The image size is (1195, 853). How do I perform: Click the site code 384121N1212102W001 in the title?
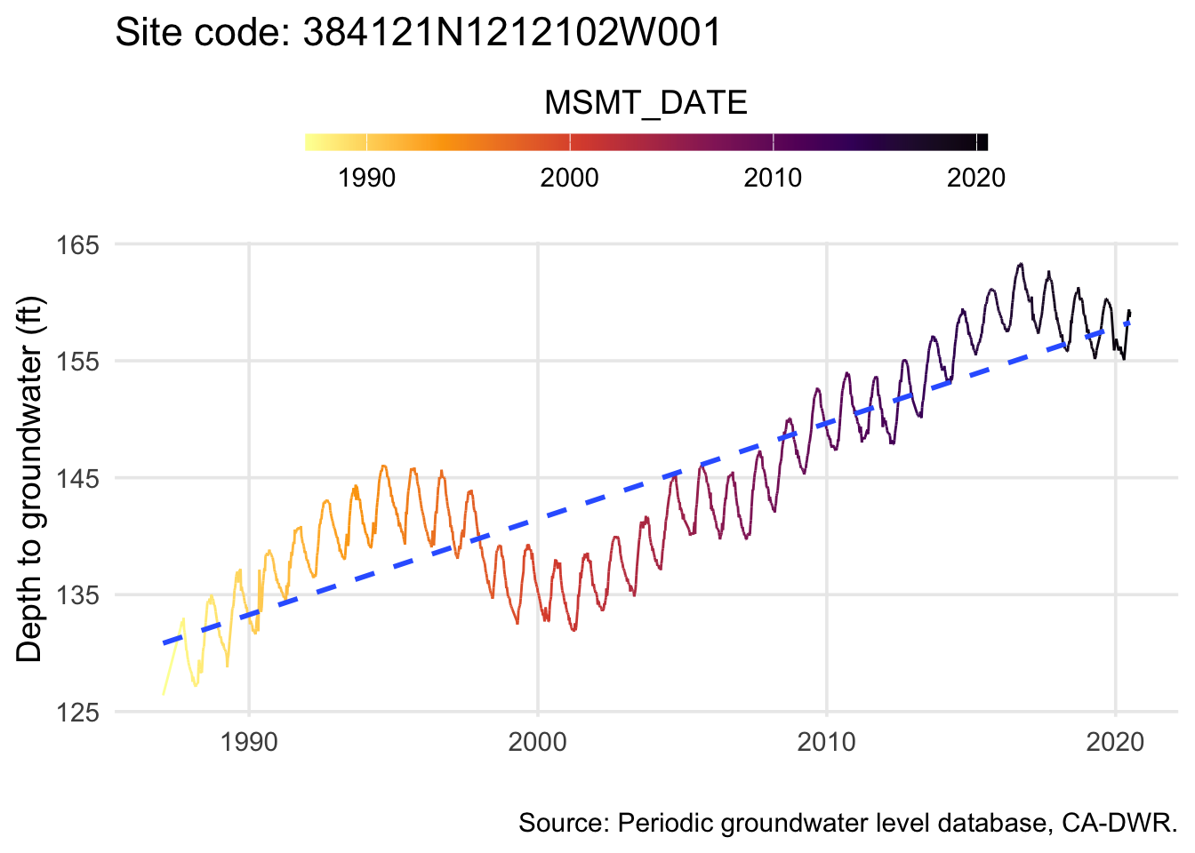point(511,34)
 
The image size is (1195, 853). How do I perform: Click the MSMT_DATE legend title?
point(646,103)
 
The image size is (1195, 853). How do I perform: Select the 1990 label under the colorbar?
point(366,178)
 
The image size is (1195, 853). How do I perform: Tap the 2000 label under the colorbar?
point(569,178)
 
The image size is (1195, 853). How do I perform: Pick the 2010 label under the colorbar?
point(773,178)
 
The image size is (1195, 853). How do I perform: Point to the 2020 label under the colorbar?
point(975,178)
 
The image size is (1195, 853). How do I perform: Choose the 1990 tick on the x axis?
point(249,742)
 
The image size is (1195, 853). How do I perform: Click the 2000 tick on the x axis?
point(538,742)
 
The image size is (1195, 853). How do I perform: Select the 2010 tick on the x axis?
point(827,742)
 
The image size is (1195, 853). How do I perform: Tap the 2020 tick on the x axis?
point(1115,742)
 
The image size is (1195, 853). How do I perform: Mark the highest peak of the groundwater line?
point(1021,264)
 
